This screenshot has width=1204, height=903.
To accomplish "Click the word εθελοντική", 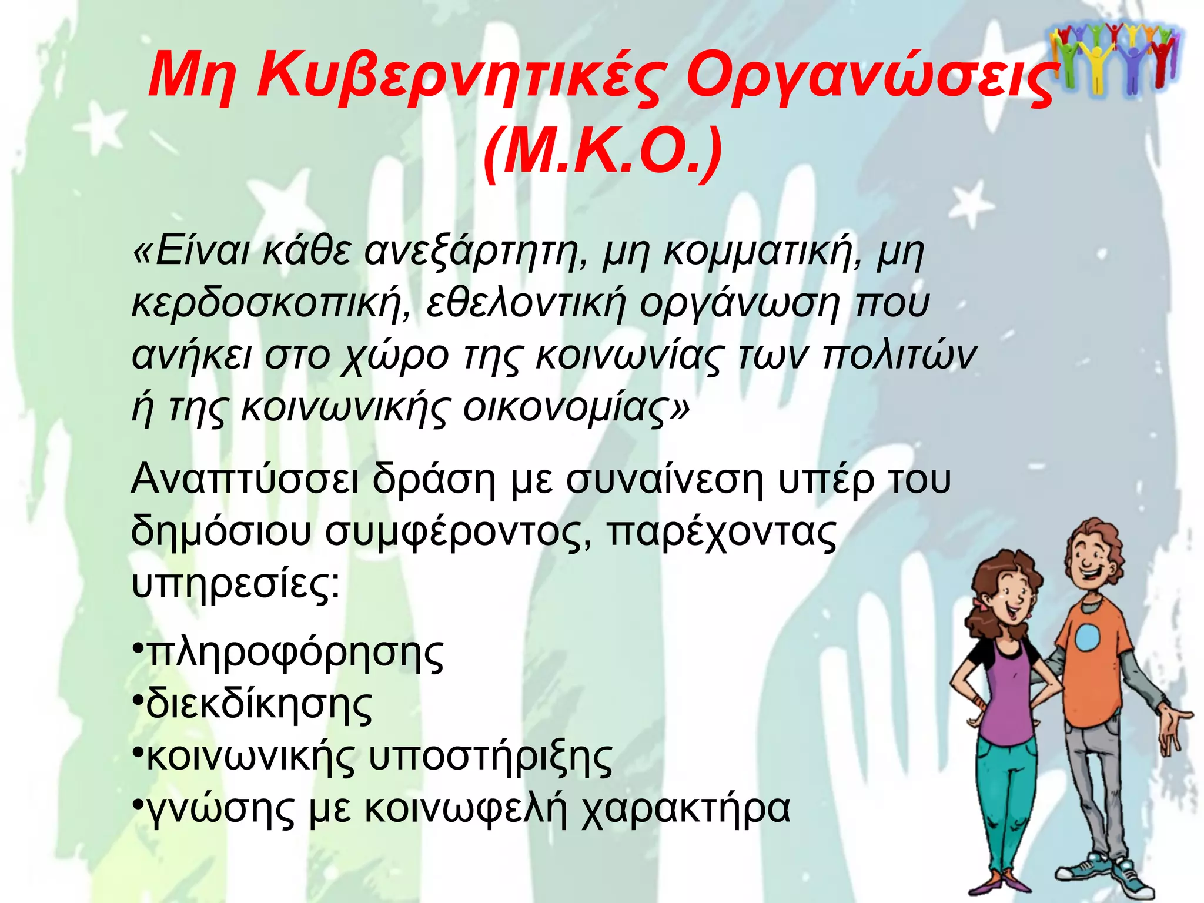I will (x=526, y=303).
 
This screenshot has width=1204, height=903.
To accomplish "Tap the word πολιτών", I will (x=899, y=355).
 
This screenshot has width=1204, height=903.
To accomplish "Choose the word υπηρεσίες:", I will (x=235, y=584).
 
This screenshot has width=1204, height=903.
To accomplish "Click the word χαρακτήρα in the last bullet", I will (x=685, y=810).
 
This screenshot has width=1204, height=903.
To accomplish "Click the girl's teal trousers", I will (x=999, y=788).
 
